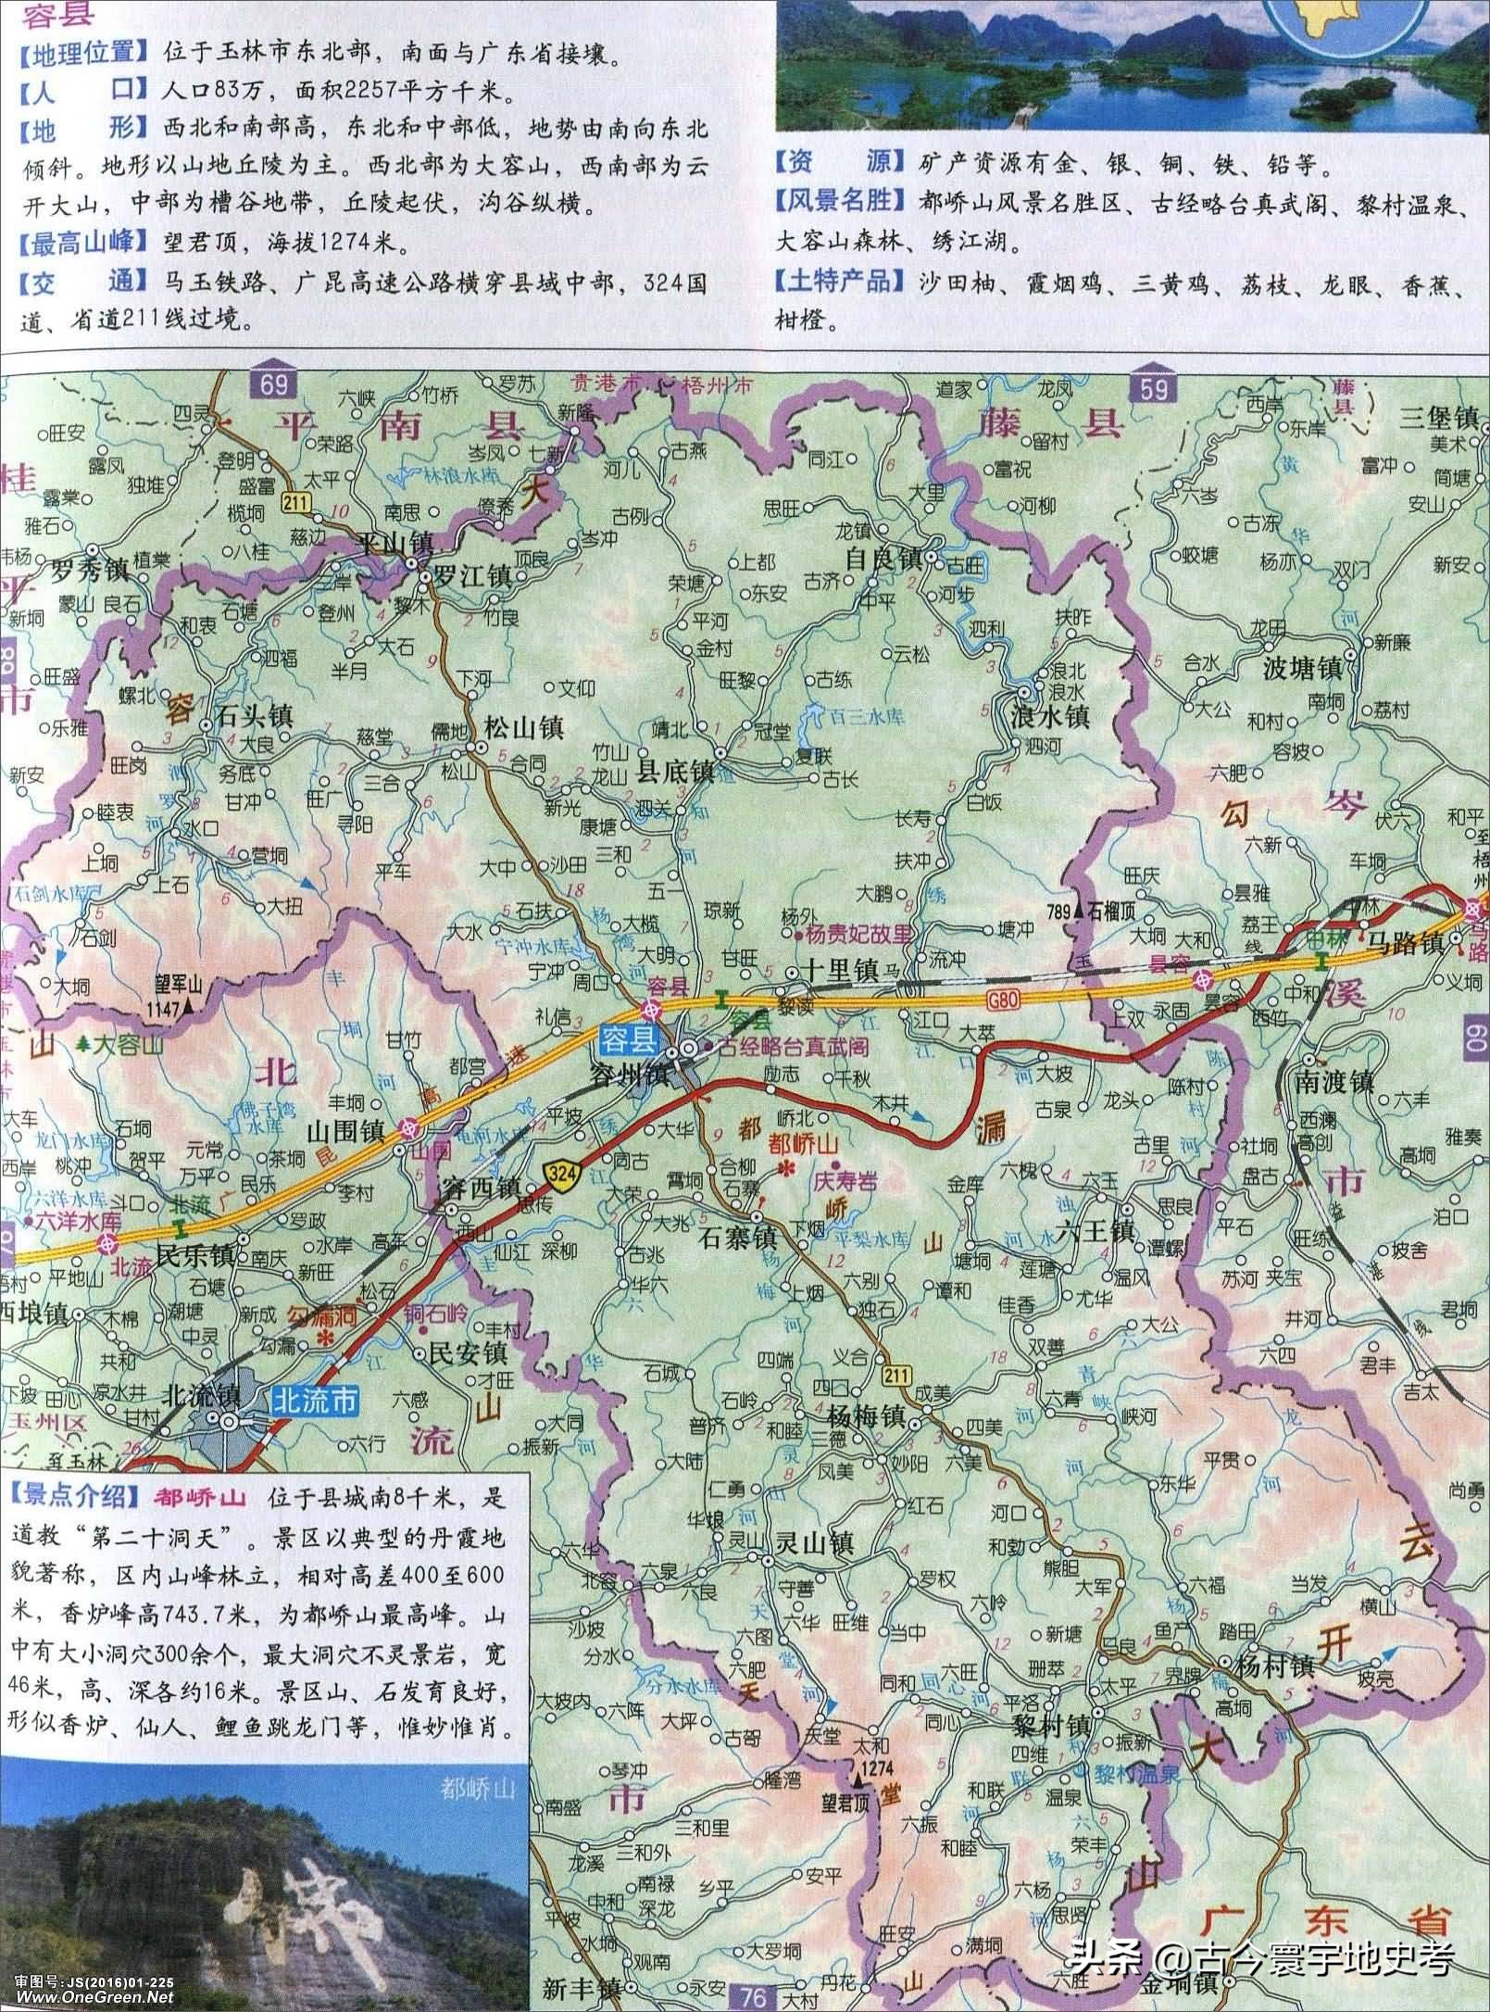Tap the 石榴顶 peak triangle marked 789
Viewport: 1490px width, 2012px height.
(1076, 912)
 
